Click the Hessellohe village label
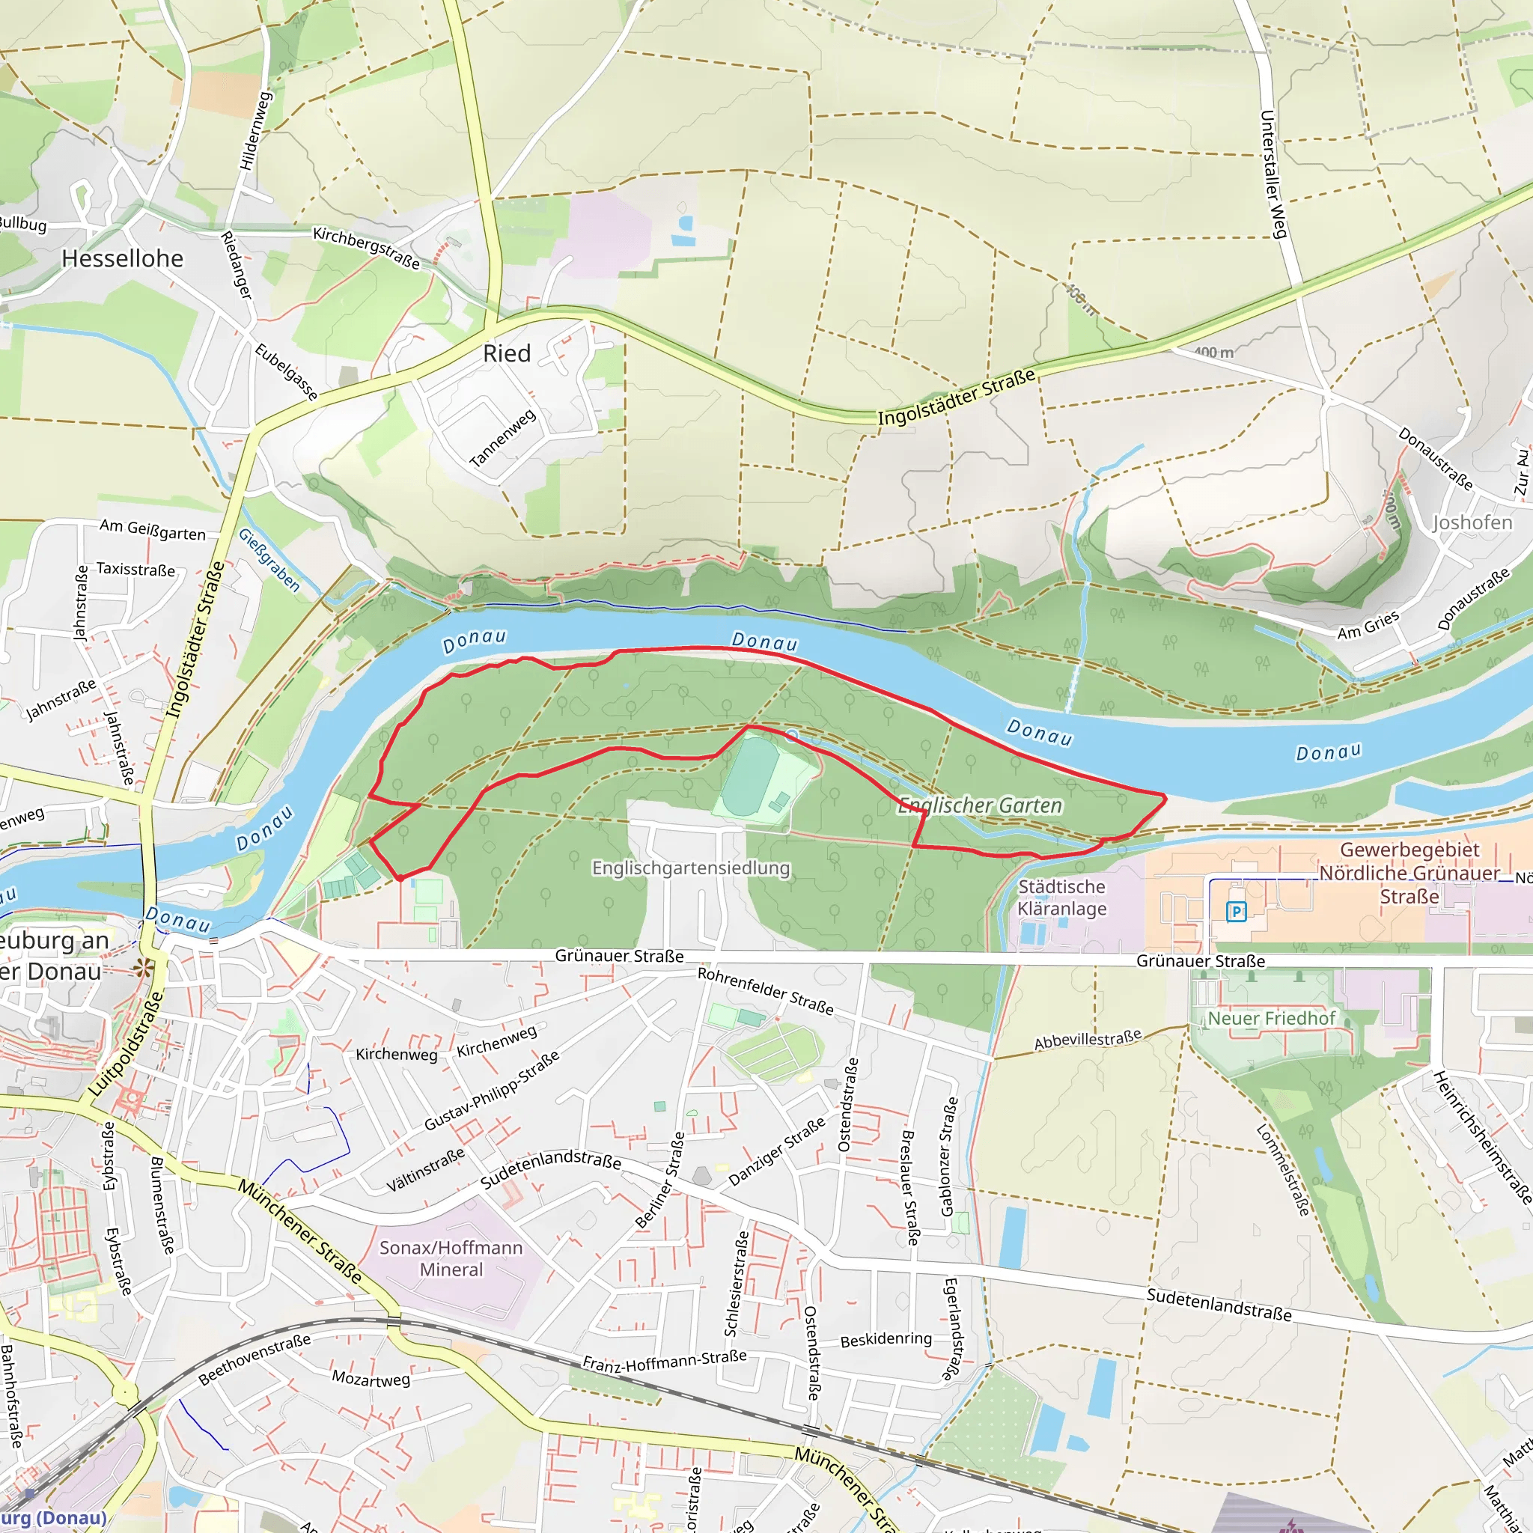122,259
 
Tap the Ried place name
506,354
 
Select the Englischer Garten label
980,805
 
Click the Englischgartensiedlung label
690,868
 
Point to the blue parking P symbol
1235,912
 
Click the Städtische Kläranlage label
1061,897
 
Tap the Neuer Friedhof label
1271,1018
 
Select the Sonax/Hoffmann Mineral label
451,1258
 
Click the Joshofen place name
1472,522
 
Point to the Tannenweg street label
502,438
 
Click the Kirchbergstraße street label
366,248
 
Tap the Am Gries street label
1368,625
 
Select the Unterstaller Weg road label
1272,174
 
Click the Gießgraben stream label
269,560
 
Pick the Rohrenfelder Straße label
765,990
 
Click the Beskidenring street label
886,1339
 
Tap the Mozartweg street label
371,1378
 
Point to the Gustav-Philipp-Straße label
491,1089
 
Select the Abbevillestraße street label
1087,1040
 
